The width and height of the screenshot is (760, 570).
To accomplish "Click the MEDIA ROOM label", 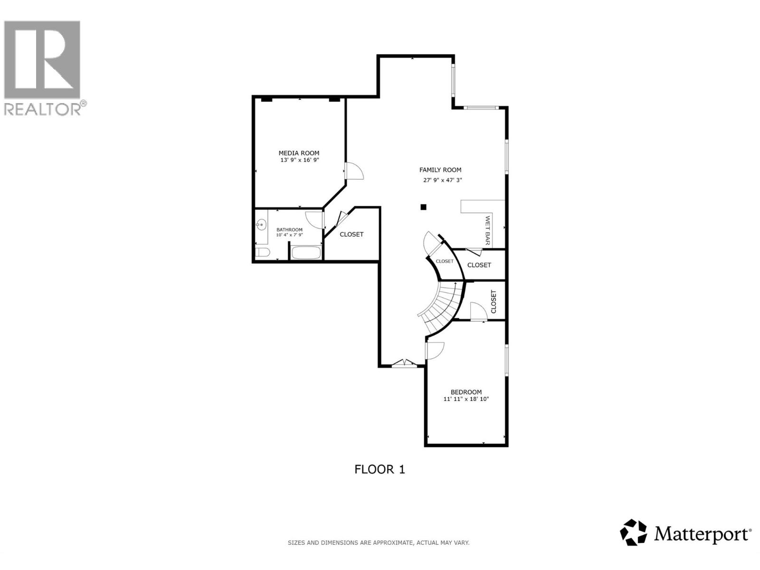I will click(299, 153).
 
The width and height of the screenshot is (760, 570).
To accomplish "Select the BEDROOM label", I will click(466, 392).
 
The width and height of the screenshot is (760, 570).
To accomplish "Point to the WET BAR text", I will click(487, 231).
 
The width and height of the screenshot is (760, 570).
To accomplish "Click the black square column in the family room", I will click(424, 207).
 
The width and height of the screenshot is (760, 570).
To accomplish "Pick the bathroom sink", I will click(260, 225).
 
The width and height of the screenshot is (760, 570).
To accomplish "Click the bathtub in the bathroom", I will click(306, 253).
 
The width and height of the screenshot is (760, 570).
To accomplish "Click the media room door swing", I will click(354, 171).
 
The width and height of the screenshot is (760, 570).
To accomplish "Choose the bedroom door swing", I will click(435, 351).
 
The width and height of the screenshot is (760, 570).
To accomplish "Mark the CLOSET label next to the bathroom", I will click(351, 234).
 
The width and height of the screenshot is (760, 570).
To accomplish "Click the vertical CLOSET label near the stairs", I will click(493, 302).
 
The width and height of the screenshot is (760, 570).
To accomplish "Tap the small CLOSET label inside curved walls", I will click(445, 261).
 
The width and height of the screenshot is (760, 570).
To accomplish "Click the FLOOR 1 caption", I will click(380, 469).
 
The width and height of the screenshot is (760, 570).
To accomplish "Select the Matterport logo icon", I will click(634, 532).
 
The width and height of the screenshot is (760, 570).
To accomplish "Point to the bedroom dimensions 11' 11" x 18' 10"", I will click(466, 399).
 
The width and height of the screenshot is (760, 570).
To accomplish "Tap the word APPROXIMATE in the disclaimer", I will click(392, 542).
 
